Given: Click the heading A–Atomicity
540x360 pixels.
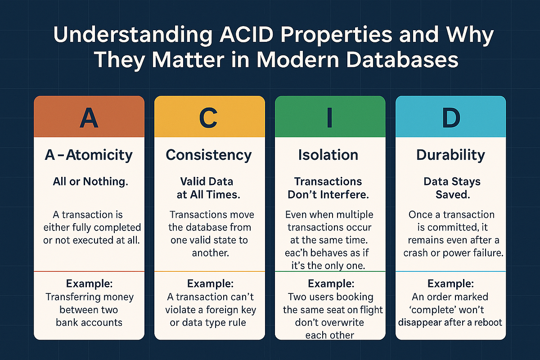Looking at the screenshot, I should (89, 155).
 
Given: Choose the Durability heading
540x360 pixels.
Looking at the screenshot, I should (450, 155).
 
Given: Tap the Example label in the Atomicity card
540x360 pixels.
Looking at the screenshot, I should (89, 284).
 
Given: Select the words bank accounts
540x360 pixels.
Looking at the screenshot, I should (89, 323).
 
